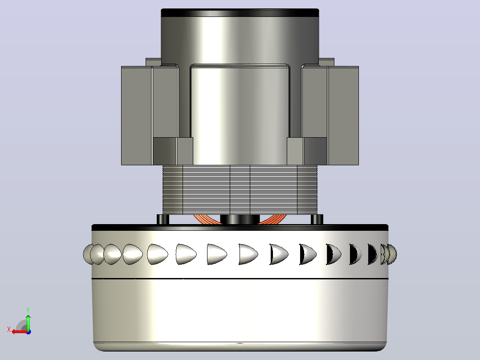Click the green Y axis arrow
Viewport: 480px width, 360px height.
(x=28, y=322)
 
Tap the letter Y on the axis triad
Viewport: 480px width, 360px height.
(x=28, y=310)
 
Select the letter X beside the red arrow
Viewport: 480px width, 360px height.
(x=9, y=329)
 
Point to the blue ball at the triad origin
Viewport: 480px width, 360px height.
(x=28, y=332)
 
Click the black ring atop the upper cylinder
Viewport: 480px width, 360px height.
(x=240, y=13)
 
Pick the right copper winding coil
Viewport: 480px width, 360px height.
(x=272, y=219)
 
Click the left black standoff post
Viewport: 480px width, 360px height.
(x=163, y=219)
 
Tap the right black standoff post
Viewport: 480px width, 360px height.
(x=317, y=219)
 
